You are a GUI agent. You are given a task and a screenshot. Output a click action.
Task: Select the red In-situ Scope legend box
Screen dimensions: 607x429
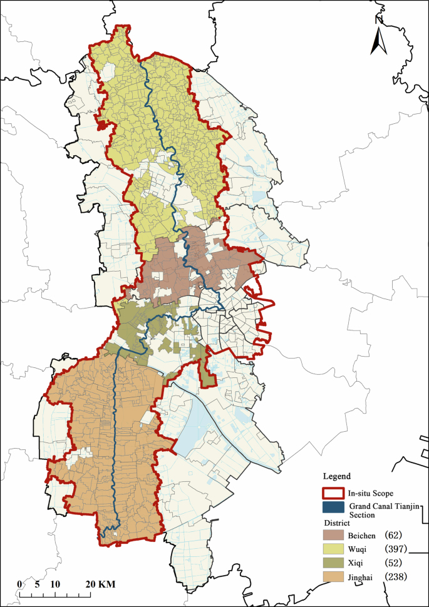pyautogui.click(x=335, y=492)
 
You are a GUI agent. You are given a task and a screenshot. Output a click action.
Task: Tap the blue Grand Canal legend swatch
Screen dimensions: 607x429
pyautogui.click(x=335, y=508)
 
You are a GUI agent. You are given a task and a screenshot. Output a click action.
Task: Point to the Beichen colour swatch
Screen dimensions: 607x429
pyautogui.click(x=335, y=536)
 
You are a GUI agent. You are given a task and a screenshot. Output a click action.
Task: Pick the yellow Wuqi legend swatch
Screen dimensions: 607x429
pyautogui.click(x=335, y=549)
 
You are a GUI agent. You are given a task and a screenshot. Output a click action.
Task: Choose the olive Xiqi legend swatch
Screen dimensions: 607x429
pyautogui.click(x=335, y=563)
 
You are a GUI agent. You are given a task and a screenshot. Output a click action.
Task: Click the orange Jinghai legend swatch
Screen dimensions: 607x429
pyautogui.click(x=335, y=577)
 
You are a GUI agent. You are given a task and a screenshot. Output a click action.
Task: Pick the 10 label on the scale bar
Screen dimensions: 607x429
pyautogui.click(x=55, y=584)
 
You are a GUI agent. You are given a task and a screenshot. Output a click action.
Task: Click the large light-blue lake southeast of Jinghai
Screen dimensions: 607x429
pyautogui.click(x=192, y=426)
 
